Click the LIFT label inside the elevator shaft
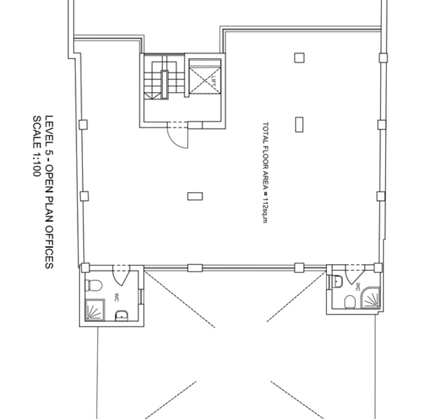pyautogui.click(x=214, y=81)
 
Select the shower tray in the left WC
pyautogui.click(x=95, y=310)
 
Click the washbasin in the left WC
pyautogui.click(x=122, y=315)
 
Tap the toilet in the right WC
pyautogui.click(x=350, y=302)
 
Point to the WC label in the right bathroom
pyautogui.click(x=358, y=287)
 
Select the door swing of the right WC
pyautogui.click(x=355, y=275)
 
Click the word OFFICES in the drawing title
pyautogui.click(x=49, y=247)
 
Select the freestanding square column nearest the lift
pyautogui.click(x=299, y=57)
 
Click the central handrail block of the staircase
pyautogui.click(x=165, y=85)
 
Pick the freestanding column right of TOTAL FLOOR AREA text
pyautogui.click(x=299, y=125)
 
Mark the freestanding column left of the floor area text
pyautogui.click(x=195, y=196)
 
